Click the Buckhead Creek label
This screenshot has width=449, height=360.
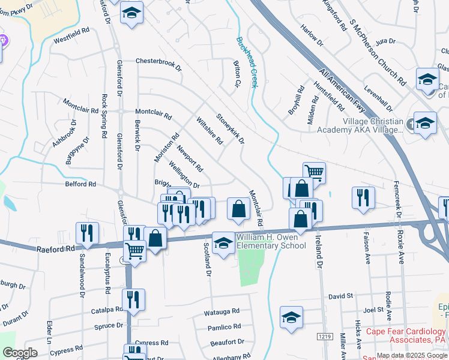tap(246, 62)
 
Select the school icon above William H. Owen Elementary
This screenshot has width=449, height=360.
tap(224, 242)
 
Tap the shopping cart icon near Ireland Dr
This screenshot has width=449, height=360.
tap(314, 173)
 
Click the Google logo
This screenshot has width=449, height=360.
tap(19, 353)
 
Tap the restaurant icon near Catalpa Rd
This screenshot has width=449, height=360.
tap(133, 299)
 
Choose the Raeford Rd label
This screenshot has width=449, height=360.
tap(54, 247)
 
